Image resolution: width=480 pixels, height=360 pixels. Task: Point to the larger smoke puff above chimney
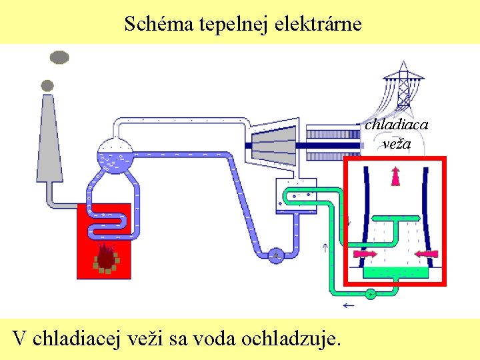click(x=59, y=57)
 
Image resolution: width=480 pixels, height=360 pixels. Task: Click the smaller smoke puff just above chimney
click(x=47, y=85)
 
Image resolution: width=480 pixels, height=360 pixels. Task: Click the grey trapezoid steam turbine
click(x=274, y=142)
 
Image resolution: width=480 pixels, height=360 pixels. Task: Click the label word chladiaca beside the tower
click(x=396, y=124)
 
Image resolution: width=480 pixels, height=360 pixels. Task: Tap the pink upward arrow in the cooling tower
click(x=395, y=177)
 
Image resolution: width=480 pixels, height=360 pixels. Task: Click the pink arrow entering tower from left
click(x=364, y=254)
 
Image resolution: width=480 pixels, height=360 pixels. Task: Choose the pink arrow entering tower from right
click(x=426, y=253)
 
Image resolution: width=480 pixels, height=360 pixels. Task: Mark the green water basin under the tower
click(x=396, y=272)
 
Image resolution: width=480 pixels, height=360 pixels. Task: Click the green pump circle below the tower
click(x=371, y=293)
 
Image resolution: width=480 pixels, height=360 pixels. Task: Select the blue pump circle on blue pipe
click(x=276, y=254)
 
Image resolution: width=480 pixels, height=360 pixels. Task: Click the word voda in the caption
click(x=212, y=338)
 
